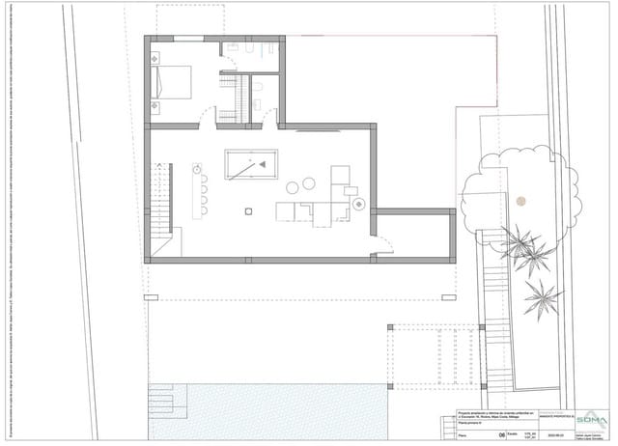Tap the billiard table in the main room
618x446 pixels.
250,165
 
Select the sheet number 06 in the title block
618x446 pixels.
499,435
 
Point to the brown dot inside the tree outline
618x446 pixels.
520,201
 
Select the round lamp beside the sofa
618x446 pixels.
358,204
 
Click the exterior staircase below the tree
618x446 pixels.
492,290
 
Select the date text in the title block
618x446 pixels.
526,435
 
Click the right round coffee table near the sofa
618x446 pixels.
310,183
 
